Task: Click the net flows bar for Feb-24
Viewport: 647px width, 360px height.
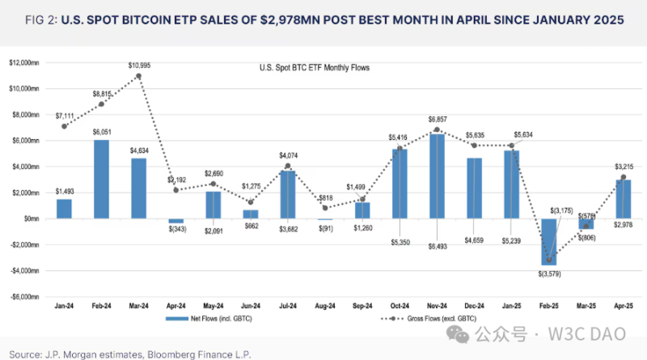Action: [101, 179]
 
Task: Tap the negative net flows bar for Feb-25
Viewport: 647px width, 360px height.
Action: [549, 241]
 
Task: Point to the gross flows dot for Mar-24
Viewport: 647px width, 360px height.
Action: [139, 76]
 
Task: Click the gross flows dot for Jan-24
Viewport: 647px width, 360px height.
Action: [64, 126]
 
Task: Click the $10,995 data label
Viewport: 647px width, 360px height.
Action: [139, 64]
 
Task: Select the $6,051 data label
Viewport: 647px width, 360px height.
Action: [101, 131]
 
